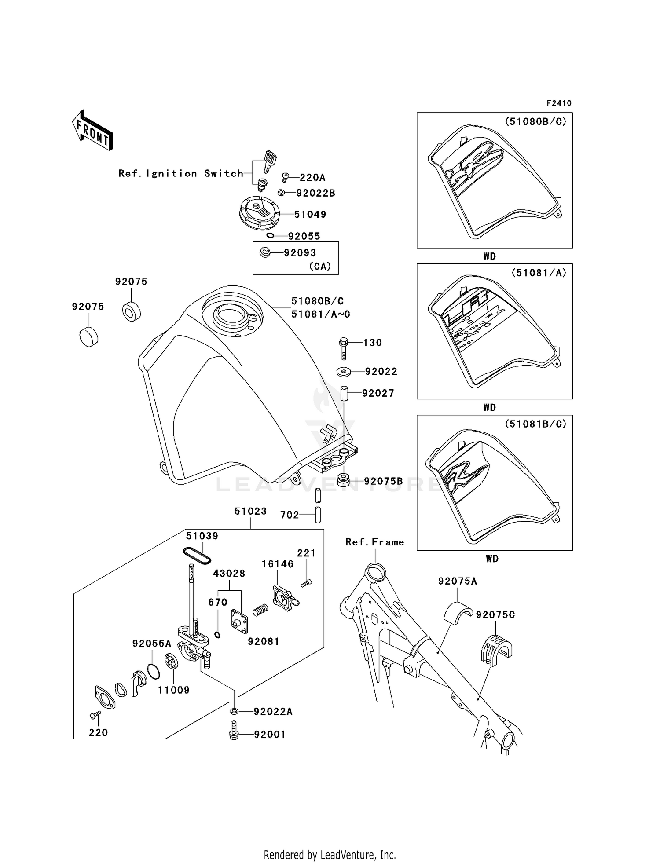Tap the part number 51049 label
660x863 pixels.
310,215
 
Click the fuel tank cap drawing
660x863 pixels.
259,213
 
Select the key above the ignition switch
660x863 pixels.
269,161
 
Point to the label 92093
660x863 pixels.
300,253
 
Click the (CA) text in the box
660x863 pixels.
320,267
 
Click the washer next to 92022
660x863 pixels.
344,372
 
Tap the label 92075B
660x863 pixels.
383,481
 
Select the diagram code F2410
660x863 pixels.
559,103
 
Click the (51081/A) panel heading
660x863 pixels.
539,273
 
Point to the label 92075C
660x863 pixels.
495,615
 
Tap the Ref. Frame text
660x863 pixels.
375,542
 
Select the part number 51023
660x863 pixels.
250,511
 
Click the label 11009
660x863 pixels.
174,690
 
